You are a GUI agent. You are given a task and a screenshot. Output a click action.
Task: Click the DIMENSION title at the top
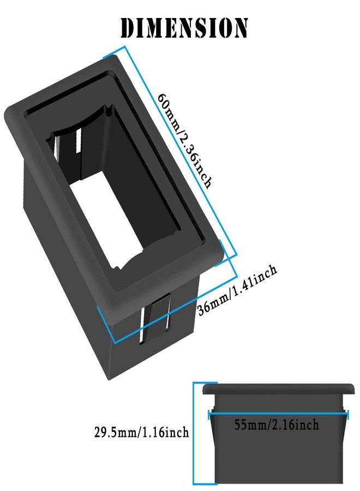click(184, 28)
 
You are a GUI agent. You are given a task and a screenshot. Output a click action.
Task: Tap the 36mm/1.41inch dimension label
click(237, 290)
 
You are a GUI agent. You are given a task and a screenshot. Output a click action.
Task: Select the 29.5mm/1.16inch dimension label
click(142, 432)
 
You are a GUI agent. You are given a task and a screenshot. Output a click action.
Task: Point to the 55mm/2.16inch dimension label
click(277, 425)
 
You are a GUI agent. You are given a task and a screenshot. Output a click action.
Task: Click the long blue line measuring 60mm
click(181, 151)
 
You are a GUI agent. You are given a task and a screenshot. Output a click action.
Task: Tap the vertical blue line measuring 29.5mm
click(194, 433)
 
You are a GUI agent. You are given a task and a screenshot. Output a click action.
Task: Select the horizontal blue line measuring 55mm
click(278, 414)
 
